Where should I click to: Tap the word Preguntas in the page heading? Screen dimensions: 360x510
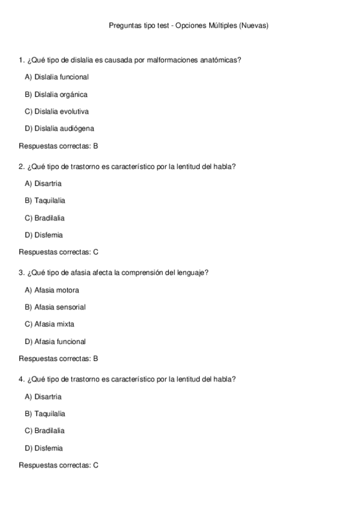[124, 26]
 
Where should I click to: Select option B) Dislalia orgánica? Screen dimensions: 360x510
[56, 94]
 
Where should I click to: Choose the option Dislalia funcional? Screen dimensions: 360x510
[56, 77]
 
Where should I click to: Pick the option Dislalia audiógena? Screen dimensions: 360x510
[59, 128]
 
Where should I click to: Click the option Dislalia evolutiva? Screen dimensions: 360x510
[56, 111]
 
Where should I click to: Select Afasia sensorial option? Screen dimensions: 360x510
[55, 307]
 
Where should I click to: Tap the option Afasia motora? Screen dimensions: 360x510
[52, 290]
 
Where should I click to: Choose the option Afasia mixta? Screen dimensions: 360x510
[49, 324]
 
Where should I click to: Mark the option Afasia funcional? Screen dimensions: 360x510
[55, 342]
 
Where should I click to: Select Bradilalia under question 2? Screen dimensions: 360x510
[44, 218]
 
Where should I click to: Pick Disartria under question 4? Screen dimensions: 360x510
[43, 397]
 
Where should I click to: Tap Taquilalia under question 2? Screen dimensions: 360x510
[45, 200]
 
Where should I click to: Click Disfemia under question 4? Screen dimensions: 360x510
[43, 448]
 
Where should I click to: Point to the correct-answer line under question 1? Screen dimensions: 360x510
[58, 146]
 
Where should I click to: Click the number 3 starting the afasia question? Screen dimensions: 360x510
[22, 273]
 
